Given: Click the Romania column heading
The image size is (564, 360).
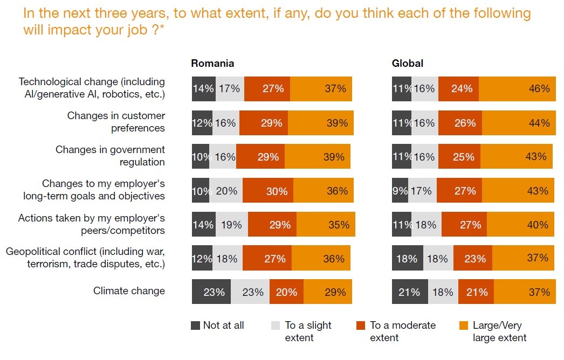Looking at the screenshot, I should pyautogui.click(x=212, y=63).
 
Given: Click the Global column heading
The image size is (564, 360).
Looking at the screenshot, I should pyautogui.click(x=407, y=63).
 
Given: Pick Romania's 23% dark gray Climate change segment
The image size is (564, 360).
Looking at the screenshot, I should pyautogui.click(x=211, y=292).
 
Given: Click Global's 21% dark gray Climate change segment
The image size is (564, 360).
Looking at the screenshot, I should pyautogui.click(x=410, y=292).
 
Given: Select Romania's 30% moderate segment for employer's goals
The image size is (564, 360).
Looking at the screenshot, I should pyautogui.click(x=267, y=191).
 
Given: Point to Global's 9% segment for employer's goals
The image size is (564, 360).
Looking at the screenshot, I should pyautogui.click(x=400, y=191).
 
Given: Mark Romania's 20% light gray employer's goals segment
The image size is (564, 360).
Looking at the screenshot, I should pyautogui.click(x=226, y=191).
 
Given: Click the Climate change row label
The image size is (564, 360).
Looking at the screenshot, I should pyautogui.click(x=129, y=291).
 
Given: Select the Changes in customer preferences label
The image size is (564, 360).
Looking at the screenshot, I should pyautogui.click(x=116, y=122).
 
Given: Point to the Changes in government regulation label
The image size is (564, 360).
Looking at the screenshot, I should pyautogui.click(x=110, y=156).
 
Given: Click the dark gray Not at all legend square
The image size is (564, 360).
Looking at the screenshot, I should pyautogui.click(x=196, y=326).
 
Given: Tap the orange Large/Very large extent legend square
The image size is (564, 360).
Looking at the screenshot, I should pyautogui.click(x=463, y=326).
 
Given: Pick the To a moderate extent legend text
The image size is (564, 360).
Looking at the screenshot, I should pyautogui.click(x=402, y=331).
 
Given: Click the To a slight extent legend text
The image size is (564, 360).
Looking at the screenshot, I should pyautogui.click(x=308, y=331).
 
